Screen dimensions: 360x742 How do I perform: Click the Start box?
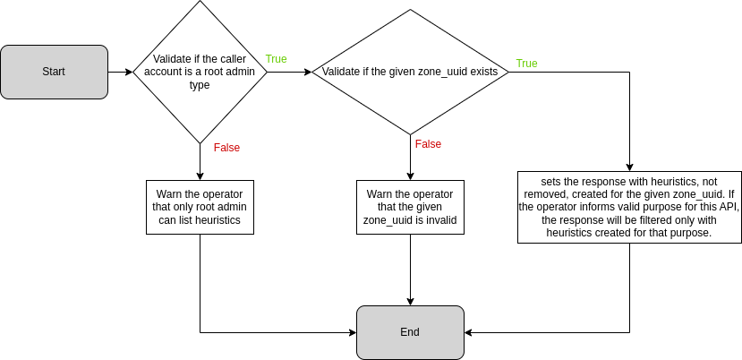54,72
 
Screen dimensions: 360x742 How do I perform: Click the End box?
410,332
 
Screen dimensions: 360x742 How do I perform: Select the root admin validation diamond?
200,72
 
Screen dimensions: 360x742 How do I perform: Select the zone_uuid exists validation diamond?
410,72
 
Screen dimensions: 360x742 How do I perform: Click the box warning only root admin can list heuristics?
200,207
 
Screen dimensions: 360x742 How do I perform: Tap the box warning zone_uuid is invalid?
410,207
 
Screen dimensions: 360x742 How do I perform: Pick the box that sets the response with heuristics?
629,207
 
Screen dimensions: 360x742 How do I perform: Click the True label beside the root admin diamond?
276,59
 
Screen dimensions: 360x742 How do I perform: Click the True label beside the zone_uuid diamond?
526,64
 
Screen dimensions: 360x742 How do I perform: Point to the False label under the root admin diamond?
226,148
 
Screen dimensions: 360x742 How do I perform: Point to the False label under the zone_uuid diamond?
428,144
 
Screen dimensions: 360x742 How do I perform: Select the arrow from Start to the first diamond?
120,72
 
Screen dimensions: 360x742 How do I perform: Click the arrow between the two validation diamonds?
288,72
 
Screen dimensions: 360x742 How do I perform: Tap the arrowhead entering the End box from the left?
352,332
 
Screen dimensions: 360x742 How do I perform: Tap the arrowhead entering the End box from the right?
469,332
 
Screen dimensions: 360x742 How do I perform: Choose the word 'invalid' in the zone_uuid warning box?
439,219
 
